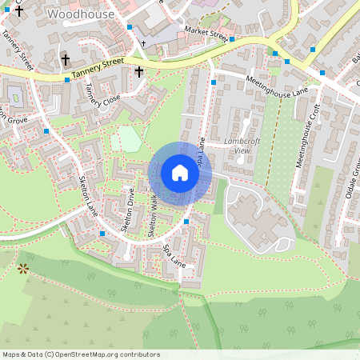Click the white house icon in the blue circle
[180, 173]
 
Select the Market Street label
[206, 33]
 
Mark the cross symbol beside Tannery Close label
[138, 72]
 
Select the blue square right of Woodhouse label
[130, 27]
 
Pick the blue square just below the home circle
[186, 221]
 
